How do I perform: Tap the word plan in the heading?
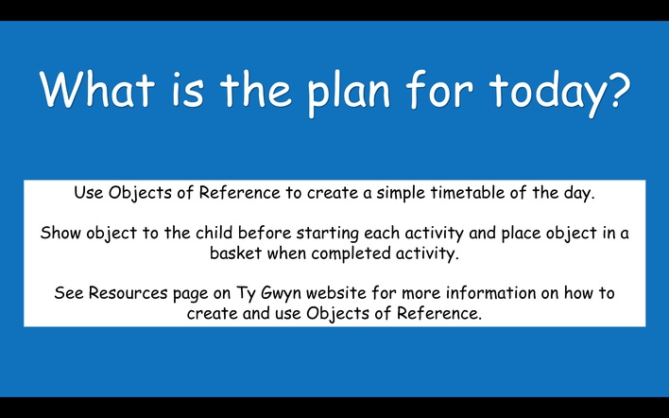point(349,92)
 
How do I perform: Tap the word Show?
point(61,233)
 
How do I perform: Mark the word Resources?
point(128,293)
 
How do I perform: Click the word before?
point(265,233)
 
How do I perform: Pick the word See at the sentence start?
point(69,293)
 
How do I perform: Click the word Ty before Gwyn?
point(246,294)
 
